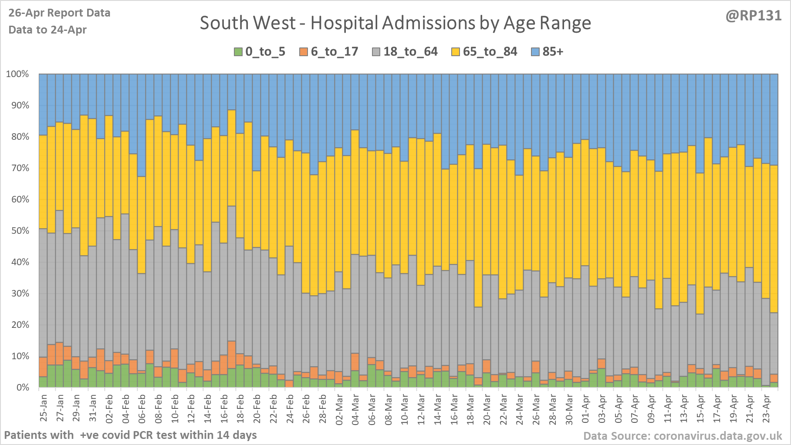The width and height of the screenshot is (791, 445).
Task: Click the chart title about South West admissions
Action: (395, 23)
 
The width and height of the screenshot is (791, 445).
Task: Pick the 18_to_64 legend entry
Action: (405, 52)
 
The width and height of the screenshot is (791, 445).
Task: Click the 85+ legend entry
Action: (548, 52)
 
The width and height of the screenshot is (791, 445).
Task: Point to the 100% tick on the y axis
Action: (17, 74)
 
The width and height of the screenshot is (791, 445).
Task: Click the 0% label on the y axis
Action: (22, 388)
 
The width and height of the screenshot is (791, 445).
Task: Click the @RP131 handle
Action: (754, 16)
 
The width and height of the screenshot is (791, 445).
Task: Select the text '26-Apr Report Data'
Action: (59, 13)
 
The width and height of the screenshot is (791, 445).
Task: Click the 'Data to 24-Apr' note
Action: (47, 30)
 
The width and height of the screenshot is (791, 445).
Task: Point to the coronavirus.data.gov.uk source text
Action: (683, 436)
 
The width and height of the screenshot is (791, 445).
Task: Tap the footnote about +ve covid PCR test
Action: (130, 435)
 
